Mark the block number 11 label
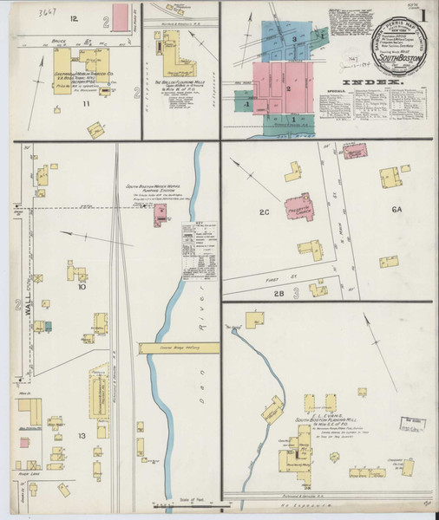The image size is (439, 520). pos(86,104)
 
